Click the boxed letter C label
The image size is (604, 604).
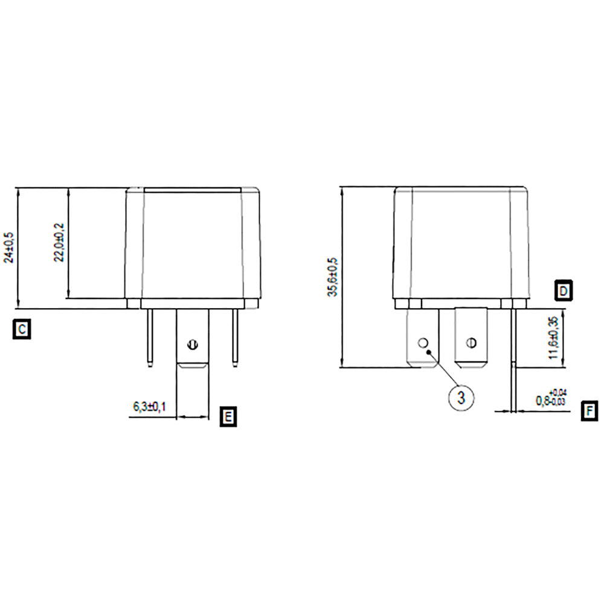pyautogui.click(x=22, y=329)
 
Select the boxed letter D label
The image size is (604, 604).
pyautogui.click(x=564, y=291)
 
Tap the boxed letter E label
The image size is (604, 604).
pyautogui.click(x=228, y=417)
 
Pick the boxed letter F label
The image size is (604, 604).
pyautogui.click(x=590, y=411)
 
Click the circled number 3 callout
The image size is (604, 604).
pyautogui.click(x=461, y=397)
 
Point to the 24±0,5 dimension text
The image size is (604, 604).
pyautogui.click(x=8, y=248)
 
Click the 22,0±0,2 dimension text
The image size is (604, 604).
pyautogui.click(x=59, y=242)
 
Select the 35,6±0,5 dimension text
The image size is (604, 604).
pyautogui.click(x=332, y=277)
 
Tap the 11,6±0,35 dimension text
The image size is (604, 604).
pyautogui.click(x=553, y=338)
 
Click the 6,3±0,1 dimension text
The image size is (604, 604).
pyautogui.click(x=149, y=406)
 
